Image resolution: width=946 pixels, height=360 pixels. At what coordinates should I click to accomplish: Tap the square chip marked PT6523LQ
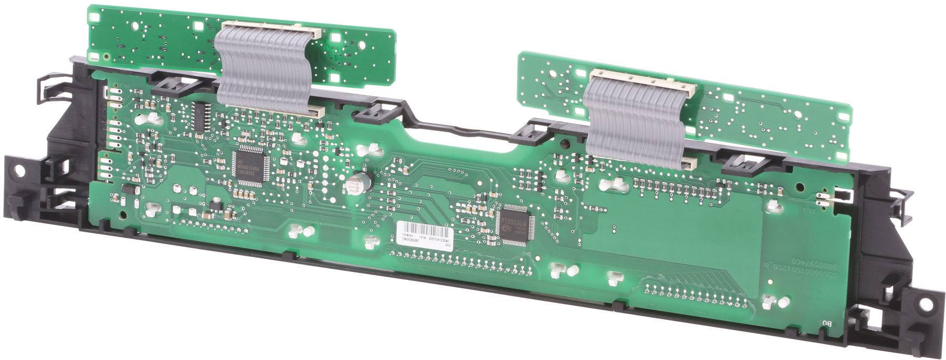click(x=515, y=224)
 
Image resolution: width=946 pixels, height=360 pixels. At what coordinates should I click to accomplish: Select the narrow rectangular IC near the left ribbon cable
click(x=199, y=117)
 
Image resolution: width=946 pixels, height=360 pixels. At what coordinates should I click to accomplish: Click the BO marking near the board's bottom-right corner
click(x=827, y=323)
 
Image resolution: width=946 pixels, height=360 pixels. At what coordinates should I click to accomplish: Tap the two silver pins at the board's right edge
click(x=822, y=198)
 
